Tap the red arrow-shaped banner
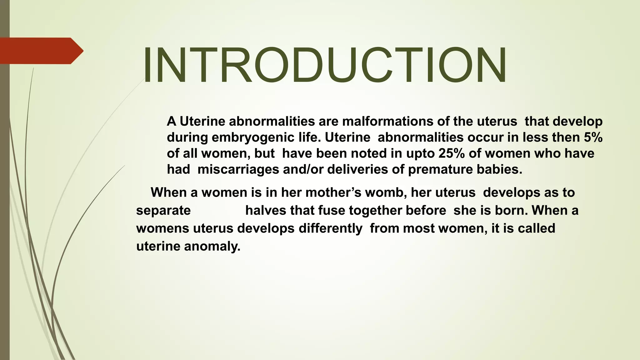pos(41,51)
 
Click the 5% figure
pos(593,137)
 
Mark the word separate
pos(163,211)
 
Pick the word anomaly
pos(212,247)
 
